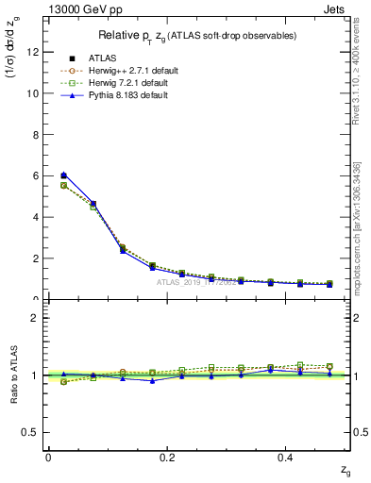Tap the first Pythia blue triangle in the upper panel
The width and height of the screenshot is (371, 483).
63,175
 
